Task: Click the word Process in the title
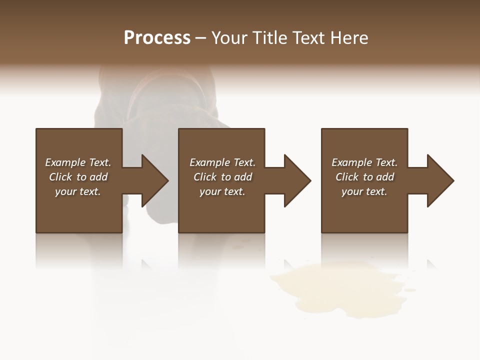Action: tap(157, 38)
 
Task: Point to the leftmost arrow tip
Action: tap(167, 180)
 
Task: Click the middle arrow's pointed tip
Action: tap(310, 180)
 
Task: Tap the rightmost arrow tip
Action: tap(453, 180)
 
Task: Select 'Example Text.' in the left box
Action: tap(78, 162)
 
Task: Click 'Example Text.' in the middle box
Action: tap(222, 162)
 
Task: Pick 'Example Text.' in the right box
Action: tap(364, 162)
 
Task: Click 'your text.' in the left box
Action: tap(78, 191)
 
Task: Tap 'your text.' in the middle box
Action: tap(222, 191)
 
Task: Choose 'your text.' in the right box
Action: tap(364, 191)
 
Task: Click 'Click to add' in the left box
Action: tap(78, 177)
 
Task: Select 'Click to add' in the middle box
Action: tap(222, 177)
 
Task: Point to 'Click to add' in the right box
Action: tap(364, 177)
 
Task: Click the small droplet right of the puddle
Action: tap(410, 289)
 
